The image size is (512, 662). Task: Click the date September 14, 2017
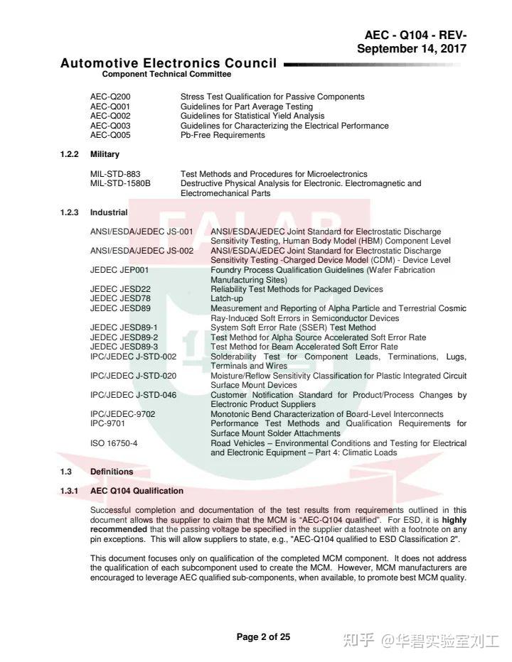(x=412, y=48)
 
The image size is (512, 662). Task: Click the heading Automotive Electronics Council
(x=169, y=63)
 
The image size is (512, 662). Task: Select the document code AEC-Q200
(x=110, y=97)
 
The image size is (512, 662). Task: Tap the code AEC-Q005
(x=110, y=135)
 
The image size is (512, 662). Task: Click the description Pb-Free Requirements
(x=223, y=135)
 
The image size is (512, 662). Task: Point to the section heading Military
(x=105, y=154)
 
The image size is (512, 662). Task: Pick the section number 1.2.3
(x=69, y=212)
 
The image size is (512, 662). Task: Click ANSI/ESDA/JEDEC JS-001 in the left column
(x=142, y=232)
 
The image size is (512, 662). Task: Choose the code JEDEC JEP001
(x=119, y=271)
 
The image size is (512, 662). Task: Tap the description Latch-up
(x=226, y=299)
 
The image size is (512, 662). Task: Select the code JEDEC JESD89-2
(x=124, y=337)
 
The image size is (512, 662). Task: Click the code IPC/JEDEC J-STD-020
(x=133, y=376)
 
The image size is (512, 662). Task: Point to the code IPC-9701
(x=110, y=423)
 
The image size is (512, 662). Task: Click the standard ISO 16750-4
(x=114, y=443)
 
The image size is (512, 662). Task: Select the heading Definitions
(x=112, y=472)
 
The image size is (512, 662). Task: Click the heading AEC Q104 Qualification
(x=137, y=491)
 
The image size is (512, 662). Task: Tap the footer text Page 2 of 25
(x=263, y=637)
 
